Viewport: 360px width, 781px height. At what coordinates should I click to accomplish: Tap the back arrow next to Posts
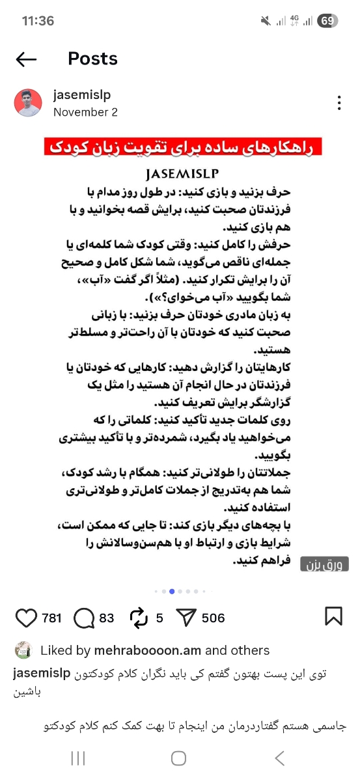tap(26, 60)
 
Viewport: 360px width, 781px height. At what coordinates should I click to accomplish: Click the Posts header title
tap(92, 59)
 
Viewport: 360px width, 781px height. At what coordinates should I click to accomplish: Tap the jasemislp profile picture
tap(28, 103)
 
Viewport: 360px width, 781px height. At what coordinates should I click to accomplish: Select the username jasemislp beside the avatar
tap(82, 95)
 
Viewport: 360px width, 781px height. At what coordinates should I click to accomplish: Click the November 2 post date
tap(85, 112)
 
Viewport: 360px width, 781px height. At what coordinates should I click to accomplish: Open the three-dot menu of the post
tap(339, 103)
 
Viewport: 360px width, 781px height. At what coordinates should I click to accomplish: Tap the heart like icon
tap(26, 618)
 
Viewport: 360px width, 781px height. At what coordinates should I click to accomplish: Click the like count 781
tap(51, 618)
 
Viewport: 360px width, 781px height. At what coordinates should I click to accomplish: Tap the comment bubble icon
tap(84, 618)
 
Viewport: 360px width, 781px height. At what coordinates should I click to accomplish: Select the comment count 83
tap(107, 618)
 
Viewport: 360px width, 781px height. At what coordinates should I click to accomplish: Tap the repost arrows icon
tap(139, 618)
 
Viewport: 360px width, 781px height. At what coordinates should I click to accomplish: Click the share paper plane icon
tap(187, 618)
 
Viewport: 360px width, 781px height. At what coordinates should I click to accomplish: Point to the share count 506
tap(214, 618)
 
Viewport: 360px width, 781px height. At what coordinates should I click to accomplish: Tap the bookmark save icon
tap(333, 616)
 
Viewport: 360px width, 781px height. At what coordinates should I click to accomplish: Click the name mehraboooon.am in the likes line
tap(148, 650)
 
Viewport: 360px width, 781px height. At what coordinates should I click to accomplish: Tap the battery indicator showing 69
tap(327, 21)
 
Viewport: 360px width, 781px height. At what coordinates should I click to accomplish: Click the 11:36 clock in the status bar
tap(38, 21)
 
